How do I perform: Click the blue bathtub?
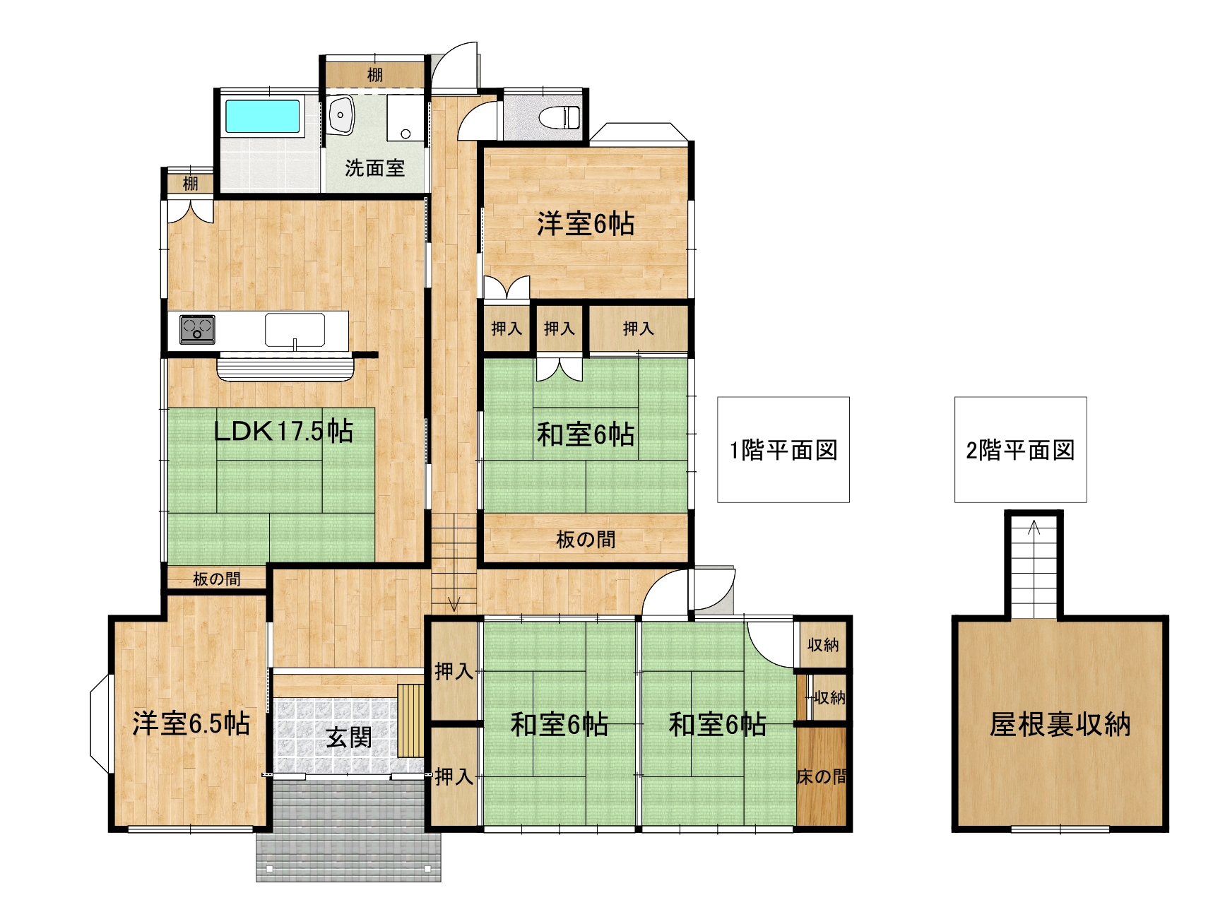pos(262,116)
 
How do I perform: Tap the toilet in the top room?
pos(559,117)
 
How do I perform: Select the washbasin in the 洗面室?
pos(341,114)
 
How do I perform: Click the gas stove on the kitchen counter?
pos(197,329)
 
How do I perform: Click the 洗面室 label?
pos(374,168)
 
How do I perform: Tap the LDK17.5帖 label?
pos(283,430)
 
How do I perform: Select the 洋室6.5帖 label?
pos(191,723)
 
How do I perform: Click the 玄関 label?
pos(348,738)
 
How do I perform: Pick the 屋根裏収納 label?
pos(1060,725)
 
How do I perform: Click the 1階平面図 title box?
pos(783,450)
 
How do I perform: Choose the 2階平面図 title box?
pos(1020,450)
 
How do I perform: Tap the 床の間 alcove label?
pos(822,777)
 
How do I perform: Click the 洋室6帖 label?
pos(586,224)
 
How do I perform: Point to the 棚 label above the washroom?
pos(374,74)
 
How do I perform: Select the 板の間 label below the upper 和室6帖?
pos(586,540)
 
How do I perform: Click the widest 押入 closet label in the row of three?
pos(638,328)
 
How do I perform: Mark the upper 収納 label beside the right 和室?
pos(823,644)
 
